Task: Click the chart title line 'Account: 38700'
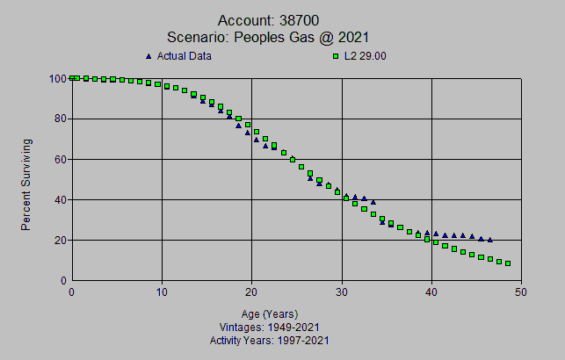pyautogui.click(x=282, y=19)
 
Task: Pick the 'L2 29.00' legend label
pyautogui.click(x=368, y=56)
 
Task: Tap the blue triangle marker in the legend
pyautogui.click(x=148, y=56)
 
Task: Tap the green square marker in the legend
pyautogui.click(x=336, y=56)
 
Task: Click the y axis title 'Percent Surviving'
pyautogui.click(x=26, y=184)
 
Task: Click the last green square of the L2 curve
pyautogui.click(x=508, y=263)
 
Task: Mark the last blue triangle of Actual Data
pyautogui.click(x=489, y=240)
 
